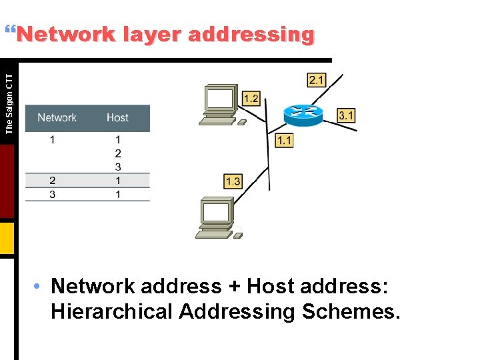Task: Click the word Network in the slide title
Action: [x=65, y=34]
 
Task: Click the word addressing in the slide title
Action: [x=251, y=34]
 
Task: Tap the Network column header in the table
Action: [x=57, y=118]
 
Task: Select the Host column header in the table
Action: [x=117, y=118]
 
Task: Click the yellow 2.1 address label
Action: [x=316, y=80]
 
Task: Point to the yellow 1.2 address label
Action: [x=251, y=99]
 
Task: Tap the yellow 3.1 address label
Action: [x=346, y=115]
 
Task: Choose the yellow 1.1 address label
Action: [x=284, y=140]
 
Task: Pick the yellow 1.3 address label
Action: [x=233, y=181]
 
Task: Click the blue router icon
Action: [x=303, y=115]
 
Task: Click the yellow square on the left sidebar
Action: [x=7, y=238]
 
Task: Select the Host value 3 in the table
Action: [x=118, y=167]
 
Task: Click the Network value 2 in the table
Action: [x=52, y=181]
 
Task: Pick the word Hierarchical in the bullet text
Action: [x=111, y=311]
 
